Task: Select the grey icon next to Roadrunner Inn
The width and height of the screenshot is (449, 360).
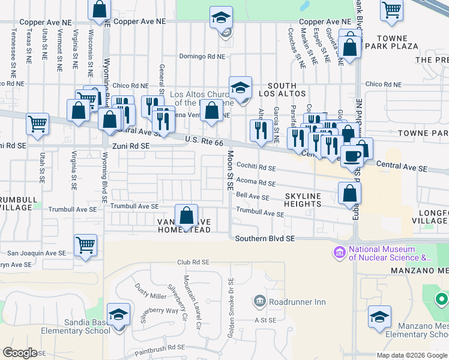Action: [x=259, y=300]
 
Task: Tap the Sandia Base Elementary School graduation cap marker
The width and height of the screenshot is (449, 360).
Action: [x=118, y=315]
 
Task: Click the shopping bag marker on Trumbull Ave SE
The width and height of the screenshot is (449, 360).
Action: [x=187, y=216]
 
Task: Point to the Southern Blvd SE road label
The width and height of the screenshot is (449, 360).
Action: [x=265, y=238]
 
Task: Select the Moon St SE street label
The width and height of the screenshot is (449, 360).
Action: [x=230, y=170]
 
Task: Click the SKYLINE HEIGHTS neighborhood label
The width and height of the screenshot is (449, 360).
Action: [x=303, y=200]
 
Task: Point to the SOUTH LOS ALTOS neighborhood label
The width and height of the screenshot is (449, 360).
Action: [x=286, y=89]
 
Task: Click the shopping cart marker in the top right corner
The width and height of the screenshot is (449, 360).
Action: [x=391, y=10]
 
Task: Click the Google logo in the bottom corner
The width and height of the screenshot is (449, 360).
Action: [x=20, y=353]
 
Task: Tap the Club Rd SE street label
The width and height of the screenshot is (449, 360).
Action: [x=193, y=262]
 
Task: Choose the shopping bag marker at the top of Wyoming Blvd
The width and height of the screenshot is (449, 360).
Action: [x=100, y=10]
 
